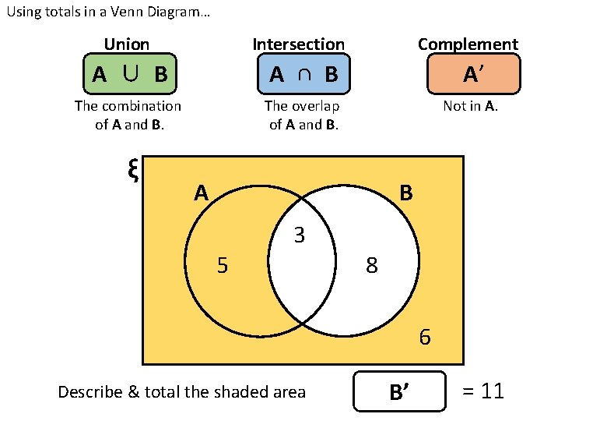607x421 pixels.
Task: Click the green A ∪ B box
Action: [x=129, y=74]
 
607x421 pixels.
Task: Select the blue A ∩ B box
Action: [x=303, y=74]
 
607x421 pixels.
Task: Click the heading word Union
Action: [x=126, y=44]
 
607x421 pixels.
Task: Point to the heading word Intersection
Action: [x=299, y=44]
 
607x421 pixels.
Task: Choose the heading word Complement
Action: [x=468, y=44]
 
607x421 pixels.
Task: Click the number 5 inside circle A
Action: [x=223, y=267]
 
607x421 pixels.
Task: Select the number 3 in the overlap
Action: [x=299, y=235]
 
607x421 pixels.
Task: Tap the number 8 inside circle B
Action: [x=372, y=267]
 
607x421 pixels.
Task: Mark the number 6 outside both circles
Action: [x=424, y=338]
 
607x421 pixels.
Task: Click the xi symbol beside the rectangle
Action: [x=132, y=171]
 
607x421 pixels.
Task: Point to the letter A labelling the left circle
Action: [x=202, y=193]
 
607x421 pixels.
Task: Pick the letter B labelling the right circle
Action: [x=405, y=193]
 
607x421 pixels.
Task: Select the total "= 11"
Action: [x=483, y=391]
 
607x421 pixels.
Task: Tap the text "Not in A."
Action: [x=470, y=106]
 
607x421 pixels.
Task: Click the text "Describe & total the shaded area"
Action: [x=182, y=391]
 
